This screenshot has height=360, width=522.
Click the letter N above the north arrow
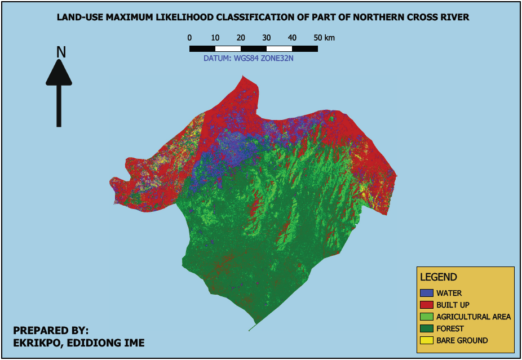61,52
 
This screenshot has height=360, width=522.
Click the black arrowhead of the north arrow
59,73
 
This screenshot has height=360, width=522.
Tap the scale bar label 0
189,38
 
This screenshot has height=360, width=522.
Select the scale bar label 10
215,38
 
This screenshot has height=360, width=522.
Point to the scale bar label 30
267,38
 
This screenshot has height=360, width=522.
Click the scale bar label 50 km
324,38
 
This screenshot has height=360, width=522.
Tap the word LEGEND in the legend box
438,277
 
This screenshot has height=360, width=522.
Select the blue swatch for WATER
427,293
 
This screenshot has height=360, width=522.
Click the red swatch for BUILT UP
427,305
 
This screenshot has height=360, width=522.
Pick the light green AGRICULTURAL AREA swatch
427,317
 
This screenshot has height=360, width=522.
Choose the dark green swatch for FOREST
427,328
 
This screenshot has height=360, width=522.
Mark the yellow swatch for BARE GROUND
427,340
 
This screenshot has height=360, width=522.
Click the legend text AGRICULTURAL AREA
473,317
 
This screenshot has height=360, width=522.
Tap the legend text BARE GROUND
462,340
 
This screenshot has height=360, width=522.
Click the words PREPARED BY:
51,330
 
